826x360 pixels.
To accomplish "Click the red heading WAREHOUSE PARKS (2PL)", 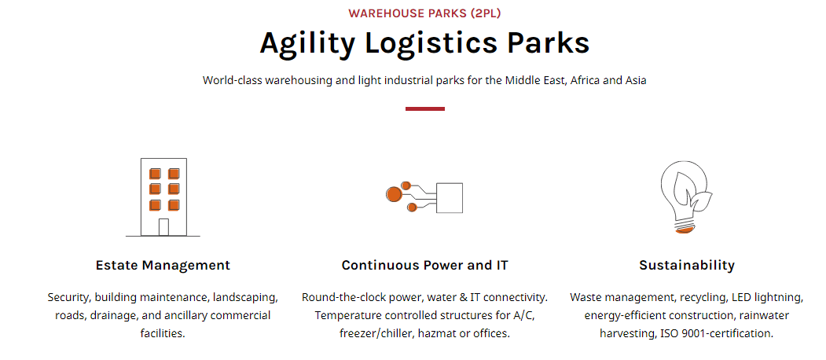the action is pos(424,13).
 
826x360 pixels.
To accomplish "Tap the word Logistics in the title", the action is pos(431,44).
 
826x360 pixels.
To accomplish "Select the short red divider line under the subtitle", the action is pos(425,108).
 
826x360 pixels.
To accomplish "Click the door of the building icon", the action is pos(163,227).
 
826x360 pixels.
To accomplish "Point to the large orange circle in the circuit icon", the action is pos(394,194).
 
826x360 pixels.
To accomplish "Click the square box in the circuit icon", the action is pos(450,197).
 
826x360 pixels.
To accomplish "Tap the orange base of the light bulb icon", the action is pos(684,230).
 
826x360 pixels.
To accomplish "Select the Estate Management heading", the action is pos(163,265).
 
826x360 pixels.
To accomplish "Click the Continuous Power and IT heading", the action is pos(424,265).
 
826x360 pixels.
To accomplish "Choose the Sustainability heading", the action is pos(687,265).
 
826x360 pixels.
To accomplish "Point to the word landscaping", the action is pos(245,298).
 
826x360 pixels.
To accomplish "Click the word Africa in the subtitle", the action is pos(586,81).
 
